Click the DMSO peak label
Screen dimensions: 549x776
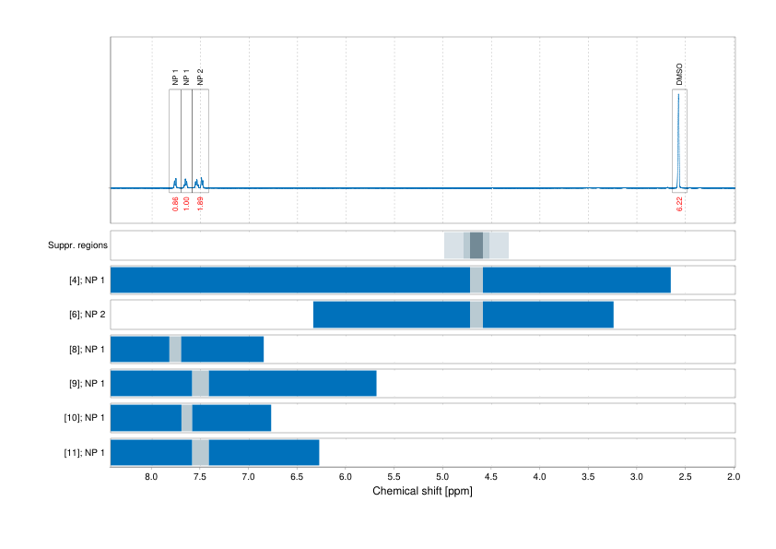tap(679, 75)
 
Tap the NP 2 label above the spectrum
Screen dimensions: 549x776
tap(200, 77)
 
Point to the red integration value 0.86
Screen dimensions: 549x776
tap(175, 204)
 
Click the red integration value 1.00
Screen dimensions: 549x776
tap(187, 204)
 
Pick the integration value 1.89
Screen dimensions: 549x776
tap(200, 204)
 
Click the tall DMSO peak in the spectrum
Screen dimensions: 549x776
tap(679, 138)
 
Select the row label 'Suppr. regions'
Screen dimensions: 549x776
tap(77, 245)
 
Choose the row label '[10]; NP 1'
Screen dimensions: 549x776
tap(85, 418)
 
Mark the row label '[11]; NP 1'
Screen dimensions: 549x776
tap(85, 453)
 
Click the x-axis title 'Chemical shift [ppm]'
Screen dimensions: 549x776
tap(422, 492)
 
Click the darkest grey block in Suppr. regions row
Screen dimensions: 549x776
tap(476, 245)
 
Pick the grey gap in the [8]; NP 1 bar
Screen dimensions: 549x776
tap(175, 350)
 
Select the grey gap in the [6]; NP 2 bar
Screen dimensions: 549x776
tap(476, 315)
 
